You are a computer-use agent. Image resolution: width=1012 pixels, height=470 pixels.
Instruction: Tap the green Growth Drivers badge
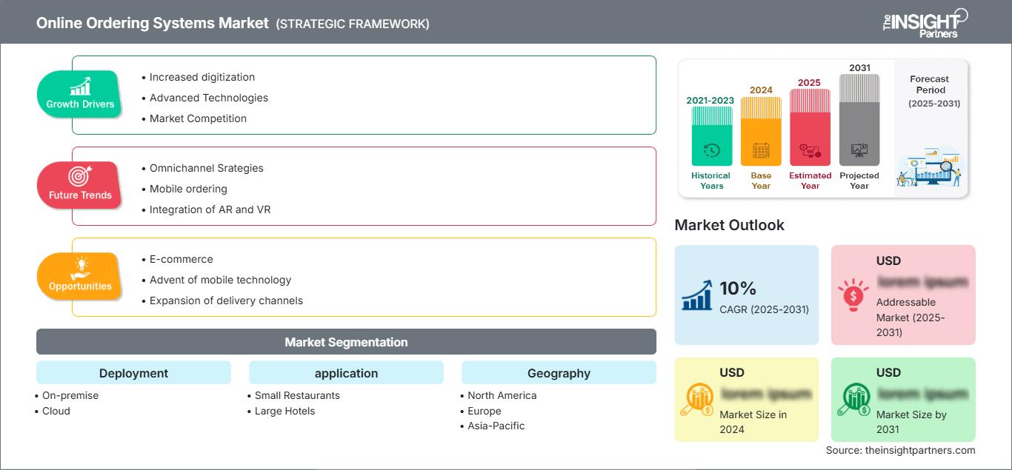point(80,95)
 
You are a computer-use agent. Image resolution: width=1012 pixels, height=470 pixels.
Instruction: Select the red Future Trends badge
point(79,186)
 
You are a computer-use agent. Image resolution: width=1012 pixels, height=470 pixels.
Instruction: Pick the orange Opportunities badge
point(79,277)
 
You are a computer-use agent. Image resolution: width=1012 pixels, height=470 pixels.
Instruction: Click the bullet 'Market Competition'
point(198,118)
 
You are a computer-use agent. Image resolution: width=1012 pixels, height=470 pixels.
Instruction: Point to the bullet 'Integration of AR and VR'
point(210,209)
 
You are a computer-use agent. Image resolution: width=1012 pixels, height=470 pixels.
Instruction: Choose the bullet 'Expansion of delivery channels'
point(226,301)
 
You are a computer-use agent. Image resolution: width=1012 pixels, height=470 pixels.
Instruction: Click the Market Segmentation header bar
point(346,342)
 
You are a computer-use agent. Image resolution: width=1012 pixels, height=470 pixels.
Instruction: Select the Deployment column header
point(133,373)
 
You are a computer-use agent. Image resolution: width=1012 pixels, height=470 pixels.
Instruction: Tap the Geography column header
point(559,373)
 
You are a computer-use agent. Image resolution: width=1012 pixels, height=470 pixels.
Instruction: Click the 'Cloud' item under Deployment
point(56,411)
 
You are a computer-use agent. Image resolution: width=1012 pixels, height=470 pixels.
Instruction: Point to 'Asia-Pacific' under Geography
point(496,426)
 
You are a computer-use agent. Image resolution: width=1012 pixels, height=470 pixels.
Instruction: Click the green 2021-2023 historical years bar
point(711,136)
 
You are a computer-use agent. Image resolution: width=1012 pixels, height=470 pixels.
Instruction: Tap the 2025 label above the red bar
point(809,82)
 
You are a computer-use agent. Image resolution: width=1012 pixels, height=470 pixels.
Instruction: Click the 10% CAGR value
point(738,288)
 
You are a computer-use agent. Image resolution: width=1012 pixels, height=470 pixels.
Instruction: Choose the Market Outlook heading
point(729,225)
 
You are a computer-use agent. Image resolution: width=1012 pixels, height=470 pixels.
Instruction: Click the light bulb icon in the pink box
point(852,294)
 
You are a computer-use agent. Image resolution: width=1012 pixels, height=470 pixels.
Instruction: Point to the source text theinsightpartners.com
point(900,450)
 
